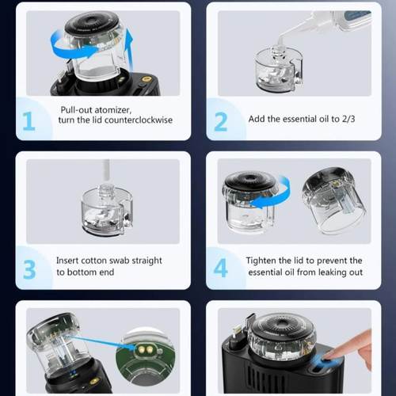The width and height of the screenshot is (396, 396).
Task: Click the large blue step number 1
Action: [29, 121]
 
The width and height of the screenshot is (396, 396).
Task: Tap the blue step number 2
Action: [221, 122]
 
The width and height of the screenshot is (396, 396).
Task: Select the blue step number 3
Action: [29, 269]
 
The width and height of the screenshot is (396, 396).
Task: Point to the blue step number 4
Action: [220, 268]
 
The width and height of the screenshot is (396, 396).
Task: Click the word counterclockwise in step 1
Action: [139, 120]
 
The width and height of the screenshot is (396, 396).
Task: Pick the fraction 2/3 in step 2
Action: [348, 119]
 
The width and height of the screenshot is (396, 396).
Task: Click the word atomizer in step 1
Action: [113, 110]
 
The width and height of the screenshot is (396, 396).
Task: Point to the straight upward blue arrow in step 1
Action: [129, 50]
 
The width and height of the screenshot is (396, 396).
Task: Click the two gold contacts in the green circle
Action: [146, 350]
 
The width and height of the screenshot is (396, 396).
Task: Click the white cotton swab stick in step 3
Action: [106, 172]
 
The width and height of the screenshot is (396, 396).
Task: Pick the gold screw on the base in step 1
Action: [145, 78]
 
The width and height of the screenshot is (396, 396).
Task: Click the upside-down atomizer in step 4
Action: [334, 200]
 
